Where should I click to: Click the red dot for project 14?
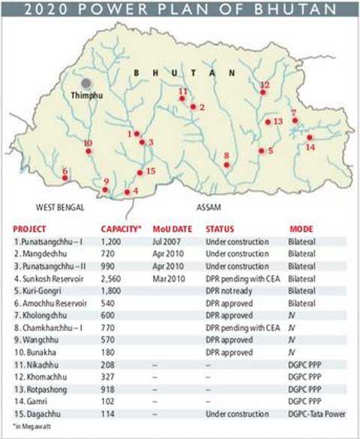pyautogui.click(x=310, y=137)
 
